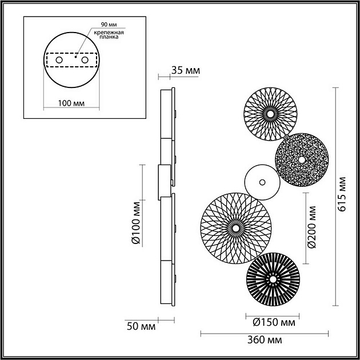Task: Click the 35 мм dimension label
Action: pos(185,71)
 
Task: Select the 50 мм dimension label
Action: pos(140,327)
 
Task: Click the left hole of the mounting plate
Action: pos(58,59)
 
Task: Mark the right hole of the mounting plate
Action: pos(85,59)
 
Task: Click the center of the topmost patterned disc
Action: pos(269,113)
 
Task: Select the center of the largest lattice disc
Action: pos(235,228)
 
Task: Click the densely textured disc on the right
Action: pos(301,159)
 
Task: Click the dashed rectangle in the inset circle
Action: pos(71,59)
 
